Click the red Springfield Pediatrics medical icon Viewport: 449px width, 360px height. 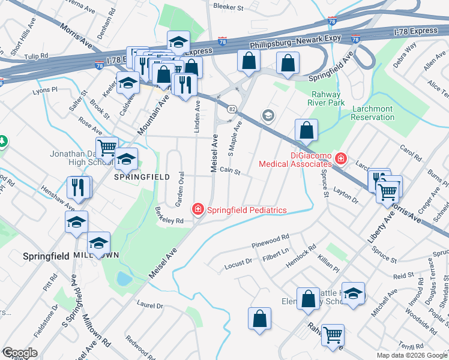click(197, 209)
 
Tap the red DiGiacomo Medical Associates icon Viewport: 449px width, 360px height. click(341, 158)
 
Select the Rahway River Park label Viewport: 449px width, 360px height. click(326, 99)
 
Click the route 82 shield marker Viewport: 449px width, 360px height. click(231, 109)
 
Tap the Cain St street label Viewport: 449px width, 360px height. click(230, 172)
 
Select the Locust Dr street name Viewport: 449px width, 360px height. click(238, 262)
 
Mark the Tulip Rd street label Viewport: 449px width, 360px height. click(36, 56)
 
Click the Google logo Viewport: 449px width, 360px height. click(19, 353)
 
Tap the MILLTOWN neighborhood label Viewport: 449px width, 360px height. click(96, 256)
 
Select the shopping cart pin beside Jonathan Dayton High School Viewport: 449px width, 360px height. click(107, 148)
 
